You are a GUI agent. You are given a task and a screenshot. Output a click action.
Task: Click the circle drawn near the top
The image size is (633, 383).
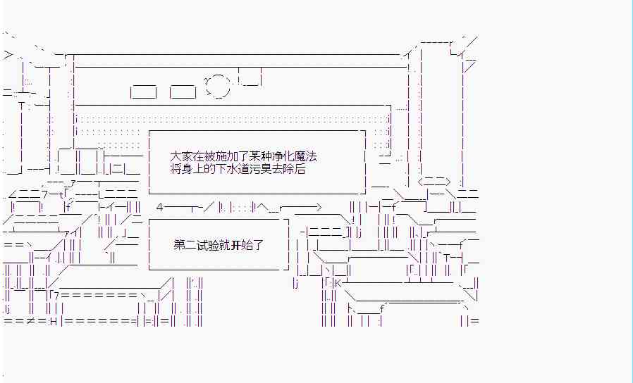click(x=218, y=87)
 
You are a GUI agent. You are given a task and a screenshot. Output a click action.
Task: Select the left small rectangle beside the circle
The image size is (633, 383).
click(x=144, y=91)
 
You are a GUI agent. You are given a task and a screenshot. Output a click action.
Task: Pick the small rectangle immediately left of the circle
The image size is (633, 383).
click(x=183, y=91)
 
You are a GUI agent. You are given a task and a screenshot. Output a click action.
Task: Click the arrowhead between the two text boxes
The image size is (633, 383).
click(x=318, y=208)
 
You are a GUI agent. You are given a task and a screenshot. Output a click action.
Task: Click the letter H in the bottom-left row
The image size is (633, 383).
click(x=53, y=322)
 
